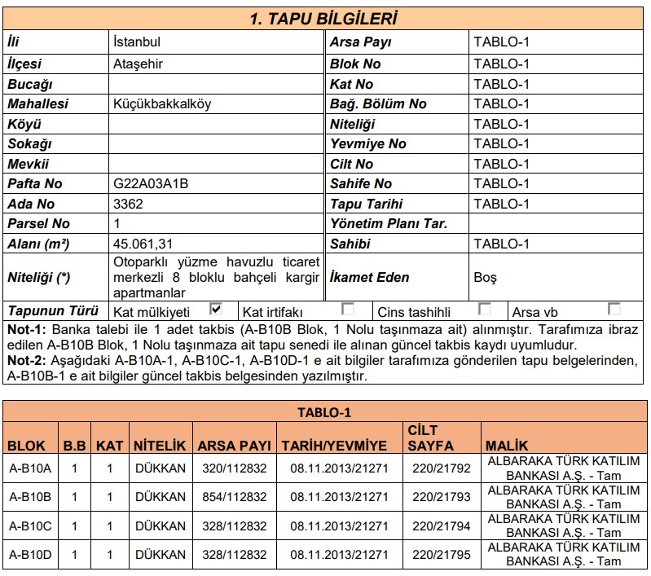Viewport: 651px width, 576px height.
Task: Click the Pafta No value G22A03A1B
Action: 151,183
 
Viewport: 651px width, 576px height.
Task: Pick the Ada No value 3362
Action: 129,204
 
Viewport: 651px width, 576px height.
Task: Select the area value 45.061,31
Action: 143,244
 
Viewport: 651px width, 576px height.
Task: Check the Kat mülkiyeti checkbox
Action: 216,309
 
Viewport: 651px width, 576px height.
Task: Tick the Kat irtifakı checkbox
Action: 348,309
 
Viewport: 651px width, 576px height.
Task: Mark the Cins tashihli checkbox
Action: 485,309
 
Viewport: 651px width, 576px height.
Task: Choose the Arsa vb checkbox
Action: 614,309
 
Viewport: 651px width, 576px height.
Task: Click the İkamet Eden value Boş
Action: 485,277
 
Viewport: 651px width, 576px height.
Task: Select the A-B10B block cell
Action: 30,496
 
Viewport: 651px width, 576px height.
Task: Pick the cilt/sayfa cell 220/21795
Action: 442,555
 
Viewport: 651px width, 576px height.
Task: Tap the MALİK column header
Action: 506,446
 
